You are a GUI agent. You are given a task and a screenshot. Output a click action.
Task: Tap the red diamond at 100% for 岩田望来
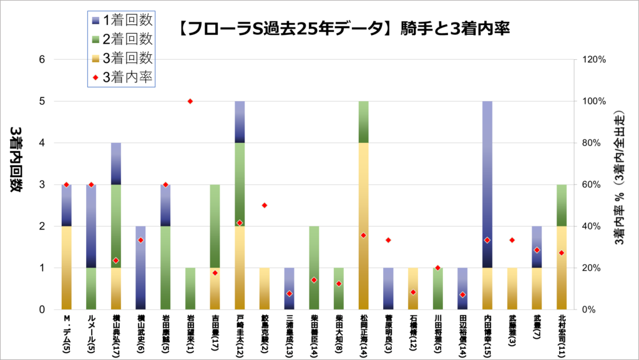click(x=190, y=101)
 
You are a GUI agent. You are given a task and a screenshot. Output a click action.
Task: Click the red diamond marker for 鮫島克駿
click(x=265, y=205)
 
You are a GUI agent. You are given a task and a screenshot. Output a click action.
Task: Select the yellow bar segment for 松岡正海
click(x=363, y=226)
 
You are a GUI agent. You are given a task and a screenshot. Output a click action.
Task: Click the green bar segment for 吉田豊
click(x=215, y=226)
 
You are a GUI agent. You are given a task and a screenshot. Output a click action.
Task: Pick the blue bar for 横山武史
click(x=140, y=268)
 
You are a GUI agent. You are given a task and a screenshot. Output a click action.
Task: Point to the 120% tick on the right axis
click(x=594, y=60)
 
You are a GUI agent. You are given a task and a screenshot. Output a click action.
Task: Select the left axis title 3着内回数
click(x=16, y=160)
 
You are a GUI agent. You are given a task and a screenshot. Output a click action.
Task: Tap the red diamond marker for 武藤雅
click(x=512, y=240)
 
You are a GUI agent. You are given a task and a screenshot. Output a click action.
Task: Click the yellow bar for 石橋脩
click(x=413, y=288)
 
